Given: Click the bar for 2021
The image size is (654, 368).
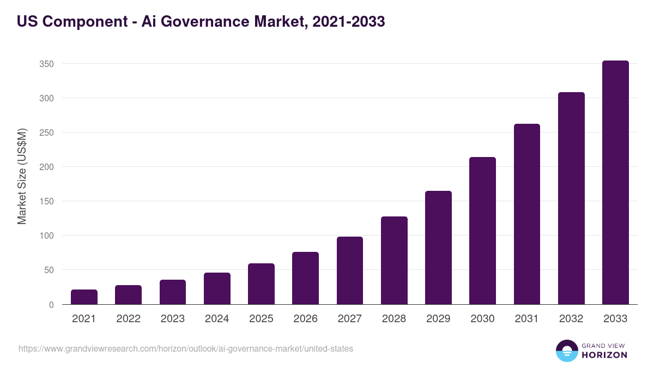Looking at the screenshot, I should pos(84,297).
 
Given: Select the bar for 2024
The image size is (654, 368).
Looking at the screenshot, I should pos(217,289).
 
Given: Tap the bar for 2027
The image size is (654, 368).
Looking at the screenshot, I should pos(350,271).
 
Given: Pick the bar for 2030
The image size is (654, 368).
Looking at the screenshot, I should pos(482,231).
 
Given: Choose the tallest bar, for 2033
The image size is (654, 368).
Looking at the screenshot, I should pos(615,183).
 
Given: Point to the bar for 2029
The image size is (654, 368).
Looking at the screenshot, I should pos(438,248).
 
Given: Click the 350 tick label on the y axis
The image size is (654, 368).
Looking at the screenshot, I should pos(46,64).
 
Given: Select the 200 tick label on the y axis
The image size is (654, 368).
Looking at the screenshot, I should pos(46,167).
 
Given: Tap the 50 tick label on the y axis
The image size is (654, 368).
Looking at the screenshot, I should pos(49,270).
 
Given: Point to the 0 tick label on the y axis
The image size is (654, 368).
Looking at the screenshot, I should pos(51,305).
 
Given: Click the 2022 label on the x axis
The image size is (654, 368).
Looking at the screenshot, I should pos(128,319).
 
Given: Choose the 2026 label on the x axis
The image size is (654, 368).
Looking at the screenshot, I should pos(305,319).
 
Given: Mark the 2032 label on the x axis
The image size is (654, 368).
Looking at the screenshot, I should pos(571,319).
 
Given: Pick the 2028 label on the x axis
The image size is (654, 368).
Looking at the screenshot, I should pos(394,319).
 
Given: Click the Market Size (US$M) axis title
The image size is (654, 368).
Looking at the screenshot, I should pos(22,176).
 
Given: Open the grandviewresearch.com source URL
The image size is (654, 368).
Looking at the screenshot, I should pos(186,348).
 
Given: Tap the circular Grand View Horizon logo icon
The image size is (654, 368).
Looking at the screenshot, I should pos(566,351).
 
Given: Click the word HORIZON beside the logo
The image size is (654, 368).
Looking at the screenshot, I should pos(604,355).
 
